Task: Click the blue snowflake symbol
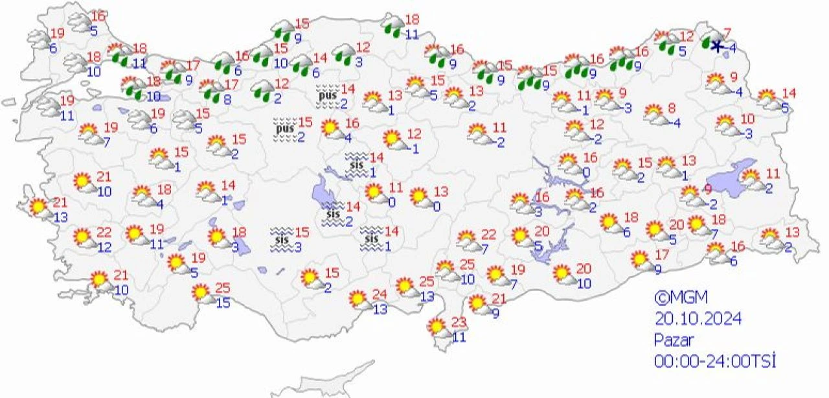[x=716, y=46]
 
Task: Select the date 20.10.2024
[x=697, y=319]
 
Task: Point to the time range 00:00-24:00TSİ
[x=714, y=360]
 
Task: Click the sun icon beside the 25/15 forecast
[x=203, y=293]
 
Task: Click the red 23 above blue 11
[x=459, y=322]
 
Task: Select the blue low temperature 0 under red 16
[x=586, y=172]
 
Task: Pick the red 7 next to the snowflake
[x=727, y=33]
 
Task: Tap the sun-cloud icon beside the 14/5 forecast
[x=769, y=99]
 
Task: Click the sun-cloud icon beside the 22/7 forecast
[x=467, y=240]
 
